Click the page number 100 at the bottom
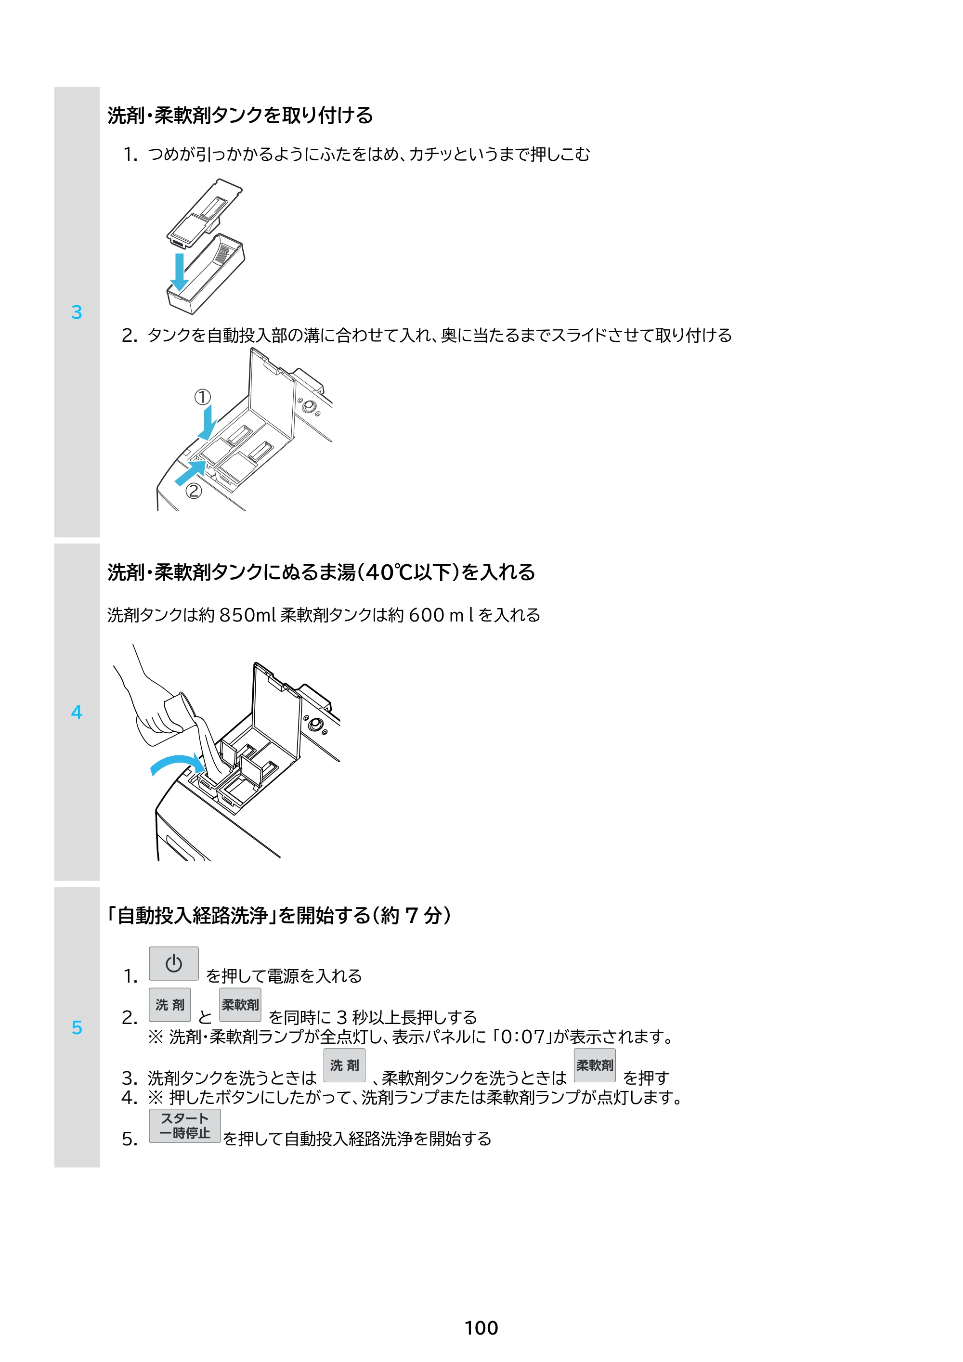[x=481, y=1328]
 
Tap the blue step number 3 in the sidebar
[x=77, y=312]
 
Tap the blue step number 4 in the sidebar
[x=77, y=712]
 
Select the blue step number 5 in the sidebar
[x=77, y=1027]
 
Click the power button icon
[x=173, y=963]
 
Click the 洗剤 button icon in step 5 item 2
[x=169, y=1004]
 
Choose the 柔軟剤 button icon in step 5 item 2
[x=240, y=1004]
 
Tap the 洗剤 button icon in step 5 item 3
[x=344, y=1065]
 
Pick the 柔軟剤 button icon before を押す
[x=595, y=1065]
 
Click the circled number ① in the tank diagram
[x=202, y=397]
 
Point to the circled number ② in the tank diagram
[x=194, y=491]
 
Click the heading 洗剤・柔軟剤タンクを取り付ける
[x=240, y=115]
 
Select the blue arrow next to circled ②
[x=191, y=472]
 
